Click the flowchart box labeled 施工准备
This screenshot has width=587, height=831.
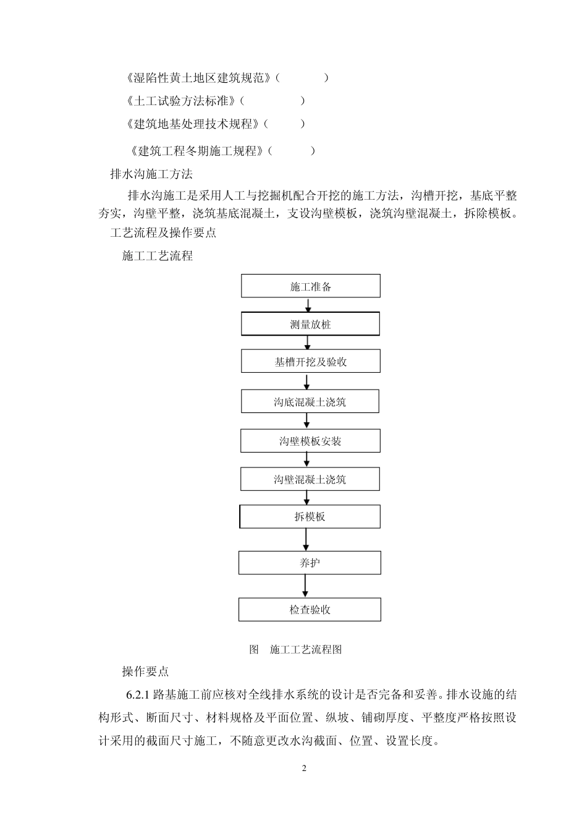(310, 286)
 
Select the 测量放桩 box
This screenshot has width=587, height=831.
(310, 324)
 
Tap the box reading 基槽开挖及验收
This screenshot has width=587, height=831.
(310, 362)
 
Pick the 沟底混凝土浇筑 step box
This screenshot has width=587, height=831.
(310, 402)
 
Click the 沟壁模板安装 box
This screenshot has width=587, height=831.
(310, 441)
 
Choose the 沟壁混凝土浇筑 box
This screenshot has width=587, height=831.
(310, 479)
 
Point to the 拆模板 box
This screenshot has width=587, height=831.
(310, 517)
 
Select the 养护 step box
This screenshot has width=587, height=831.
(310, 563)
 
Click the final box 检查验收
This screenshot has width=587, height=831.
(310, 610)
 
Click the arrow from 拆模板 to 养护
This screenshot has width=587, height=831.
(306, 540)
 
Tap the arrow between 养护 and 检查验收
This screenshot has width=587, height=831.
(305, 586)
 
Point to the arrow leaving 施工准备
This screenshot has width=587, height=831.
(308, 305)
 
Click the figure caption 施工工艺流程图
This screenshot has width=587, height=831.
(306, 649)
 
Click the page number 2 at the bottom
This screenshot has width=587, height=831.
(304, 769)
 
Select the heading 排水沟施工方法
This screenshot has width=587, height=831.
(151, 174)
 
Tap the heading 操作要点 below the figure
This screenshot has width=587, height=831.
(145, 671)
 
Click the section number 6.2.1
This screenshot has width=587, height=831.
(138, 695)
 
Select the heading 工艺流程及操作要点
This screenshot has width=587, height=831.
(163, 233)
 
